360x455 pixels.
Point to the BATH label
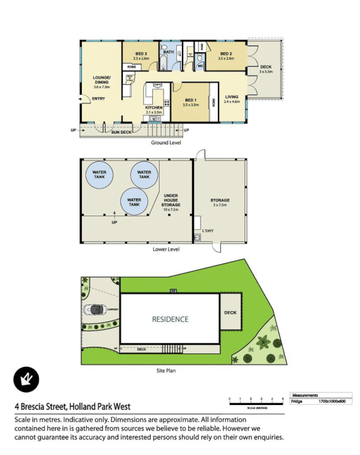pos(168,52)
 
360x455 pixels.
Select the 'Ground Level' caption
pos(166,143)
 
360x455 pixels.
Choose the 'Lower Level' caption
pos(166,249)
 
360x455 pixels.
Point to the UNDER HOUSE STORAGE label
pos(171,202)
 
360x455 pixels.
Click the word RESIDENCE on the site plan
pos(169,319)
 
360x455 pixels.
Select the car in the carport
pos(95,310)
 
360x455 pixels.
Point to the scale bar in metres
pos(256,402)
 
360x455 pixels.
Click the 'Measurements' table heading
pos(305,395)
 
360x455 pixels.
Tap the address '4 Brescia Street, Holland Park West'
pos(73,407)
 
